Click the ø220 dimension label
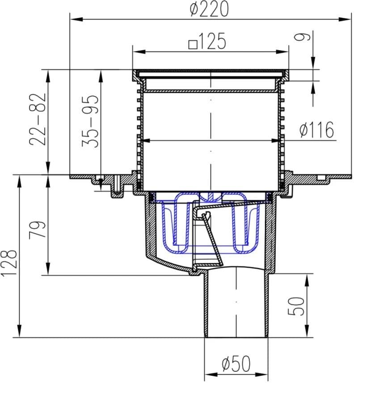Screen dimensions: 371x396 (209, 8)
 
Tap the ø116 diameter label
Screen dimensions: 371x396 (317, 129)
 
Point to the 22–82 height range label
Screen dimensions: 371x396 (38, 119)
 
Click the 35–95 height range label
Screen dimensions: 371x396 (90, 121)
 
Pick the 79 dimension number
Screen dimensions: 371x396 (38, 229)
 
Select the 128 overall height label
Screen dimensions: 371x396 (9, 263)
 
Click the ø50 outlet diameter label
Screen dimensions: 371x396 (236, 364)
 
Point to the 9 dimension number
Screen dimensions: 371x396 (302, 37)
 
